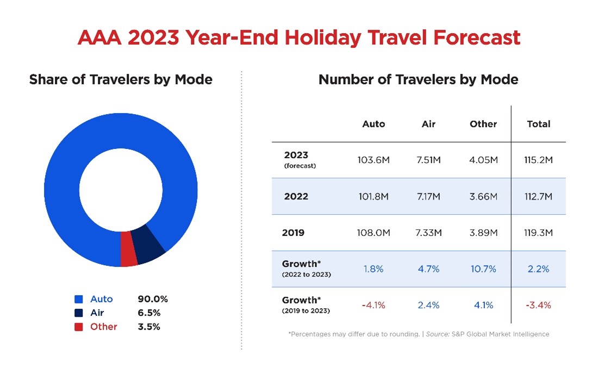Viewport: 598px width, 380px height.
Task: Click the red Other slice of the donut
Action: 128,249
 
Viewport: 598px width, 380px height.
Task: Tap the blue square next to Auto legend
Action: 79,299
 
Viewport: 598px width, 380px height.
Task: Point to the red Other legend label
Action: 103,327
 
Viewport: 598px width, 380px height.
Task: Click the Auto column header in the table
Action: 373,124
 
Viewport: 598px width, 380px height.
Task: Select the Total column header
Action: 538,124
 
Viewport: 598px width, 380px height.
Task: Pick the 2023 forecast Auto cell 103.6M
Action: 373,160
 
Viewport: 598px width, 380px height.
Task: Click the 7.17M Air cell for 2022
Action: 428,196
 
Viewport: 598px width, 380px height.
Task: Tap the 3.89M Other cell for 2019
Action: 483,233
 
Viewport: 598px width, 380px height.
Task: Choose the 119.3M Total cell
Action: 538,233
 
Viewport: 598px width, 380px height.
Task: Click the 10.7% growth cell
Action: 483,269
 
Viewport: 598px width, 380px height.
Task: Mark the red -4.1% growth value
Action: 373,305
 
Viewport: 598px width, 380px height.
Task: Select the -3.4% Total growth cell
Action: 538,305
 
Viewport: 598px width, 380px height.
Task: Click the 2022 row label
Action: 296,196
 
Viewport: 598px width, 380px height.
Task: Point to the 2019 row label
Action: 293,233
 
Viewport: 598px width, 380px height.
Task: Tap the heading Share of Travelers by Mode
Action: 121,79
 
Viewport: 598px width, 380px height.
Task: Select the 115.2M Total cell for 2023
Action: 538,160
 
